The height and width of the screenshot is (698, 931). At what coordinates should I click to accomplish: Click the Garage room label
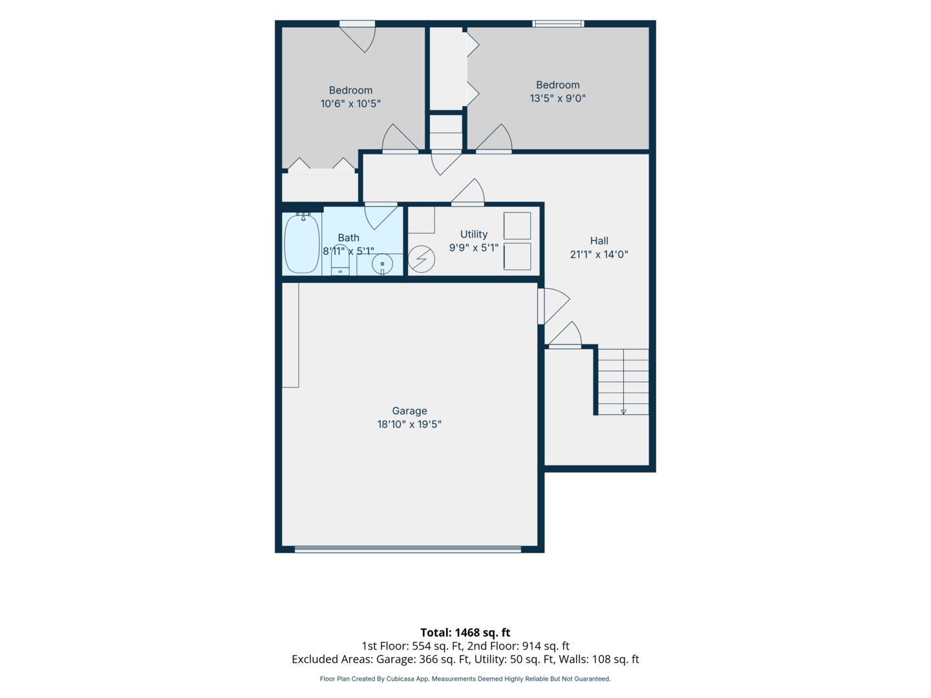(x=409, y=410)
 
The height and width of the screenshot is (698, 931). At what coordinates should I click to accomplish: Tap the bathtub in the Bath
(x=301, y=243)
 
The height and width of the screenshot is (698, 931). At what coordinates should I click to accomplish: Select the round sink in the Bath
(x=382, y=264)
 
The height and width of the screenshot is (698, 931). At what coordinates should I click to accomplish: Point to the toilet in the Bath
(x=340, y=260)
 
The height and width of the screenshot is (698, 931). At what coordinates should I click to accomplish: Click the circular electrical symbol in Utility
(x=421, y=259)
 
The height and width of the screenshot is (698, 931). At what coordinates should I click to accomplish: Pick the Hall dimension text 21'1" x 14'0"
(x=599, y=254)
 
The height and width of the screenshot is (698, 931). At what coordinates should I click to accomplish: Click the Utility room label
(x=474, y=234)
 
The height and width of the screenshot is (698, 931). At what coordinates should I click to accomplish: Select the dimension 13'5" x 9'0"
(x=557, y=98)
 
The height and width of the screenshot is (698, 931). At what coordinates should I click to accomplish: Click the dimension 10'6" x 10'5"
(x=350, y=103)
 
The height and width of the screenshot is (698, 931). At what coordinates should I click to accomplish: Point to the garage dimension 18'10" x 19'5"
(x=409, y=424)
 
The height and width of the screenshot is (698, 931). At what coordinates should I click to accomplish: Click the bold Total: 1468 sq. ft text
(x=465, y=632)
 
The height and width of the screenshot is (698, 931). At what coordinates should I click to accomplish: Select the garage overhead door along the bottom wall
(x=407, y=549)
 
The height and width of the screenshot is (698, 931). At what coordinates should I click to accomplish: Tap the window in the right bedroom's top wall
(x=558, y=24)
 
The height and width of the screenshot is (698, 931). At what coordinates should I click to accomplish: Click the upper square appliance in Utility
(x=517, y=226)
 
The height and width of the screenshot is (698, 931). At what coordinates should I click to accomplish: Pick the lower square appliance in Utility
(x=517, y=257)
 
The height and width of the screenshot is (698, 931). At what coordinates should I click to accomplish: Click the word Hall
(x=599, y=240)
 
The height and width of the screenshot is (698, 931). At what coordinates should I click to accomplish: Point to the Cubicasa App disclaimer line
(x=465, y=679)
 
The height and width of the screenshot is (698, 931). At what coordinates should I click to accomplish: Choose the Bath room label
(x=348, y=238)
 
